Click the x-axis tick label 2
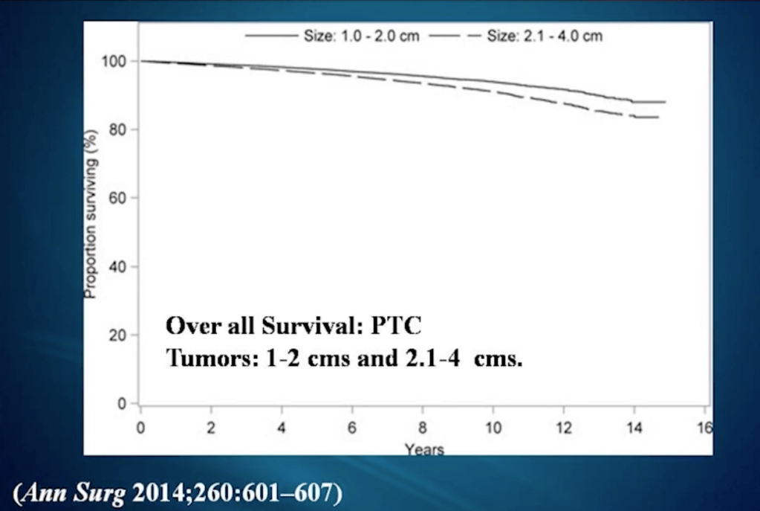211,428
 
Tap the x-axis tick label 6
352,428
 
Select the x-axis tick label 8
423,428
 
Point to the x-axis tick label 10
493,428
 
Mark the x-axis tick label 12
564,428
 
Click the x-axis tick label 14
634,428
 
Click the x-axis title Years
424,449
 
